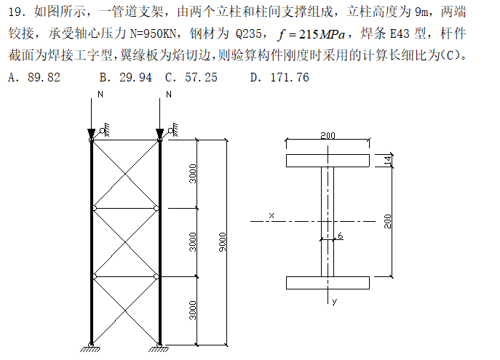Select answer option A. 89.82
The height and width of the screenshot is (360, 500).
(x=32, y=77)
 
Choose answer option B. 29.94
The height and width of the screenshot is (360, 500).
(x=125, y=77)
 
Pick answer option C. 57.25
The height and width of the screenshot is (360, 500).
(x=191, y=77)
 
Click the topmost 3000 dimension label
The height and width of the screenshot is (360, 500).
(x=192, y=174)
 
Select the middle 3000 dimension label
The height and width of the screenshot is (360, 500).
(x=192, y=241)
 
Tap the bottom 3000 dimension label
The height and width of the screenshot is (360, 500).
(x=192, y=311)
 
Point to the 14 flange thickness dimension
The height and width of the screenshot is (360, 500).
(x=387, y=160)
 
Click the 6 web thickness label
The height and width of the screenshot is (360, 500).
(x=340, y=235)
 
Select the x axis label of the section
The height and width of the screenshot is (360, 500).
(x=271, y=215)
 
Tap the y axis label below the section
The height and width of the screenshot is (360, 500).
(x=333, y=300)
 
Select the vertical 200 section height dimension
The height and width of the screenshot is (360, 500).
(x=388, y=220)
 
